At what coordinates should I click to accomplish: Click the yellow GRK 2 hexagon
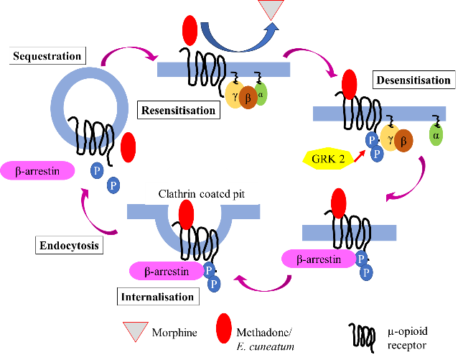point(327,157)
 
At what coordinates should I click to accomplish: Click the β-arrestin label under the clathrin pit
point(167,271)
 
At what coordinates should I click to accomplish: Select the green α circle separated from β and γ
point(436,134)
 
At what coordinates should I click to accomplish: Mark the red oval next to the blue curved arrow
point(190,30)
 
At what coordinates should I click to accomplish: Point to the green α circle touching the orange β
point(261,93)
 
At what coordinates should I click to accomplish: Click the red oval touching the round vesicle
point(128,147)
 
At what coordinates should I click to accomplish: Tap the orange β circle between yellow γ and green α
point(248,96)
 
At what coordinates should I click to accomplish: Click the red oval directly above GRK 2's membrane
point(350,84)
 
